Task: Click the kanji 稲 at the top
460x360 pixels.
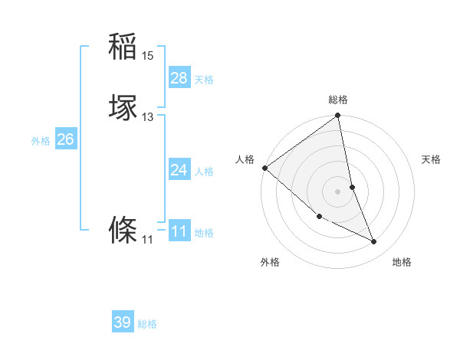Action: [x=123, y=47]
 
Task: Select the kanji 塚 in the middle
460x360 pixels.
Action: [x=123, y=107]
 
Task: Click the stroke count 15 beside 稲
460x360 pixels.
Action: [x=148, y=56]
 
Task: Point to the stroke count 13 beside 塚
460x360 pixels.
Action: [x=148, y=117]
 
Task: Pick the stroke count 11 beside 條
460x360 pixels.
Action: [x=148, y=240]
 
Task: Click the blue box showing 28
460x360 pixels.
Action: [x=179, y=77]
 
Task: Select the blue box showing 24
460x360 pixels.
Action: [x=179, y=169]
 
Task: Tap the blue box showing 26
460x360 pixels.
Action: [x=65, y=139]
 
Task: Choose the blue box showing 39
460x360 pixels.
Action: [x=123, y=322]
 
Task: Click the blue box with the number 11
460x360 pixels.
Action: [x=179, y=231]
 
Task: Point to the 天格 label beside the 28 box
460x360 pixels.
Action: [x=204, y=80]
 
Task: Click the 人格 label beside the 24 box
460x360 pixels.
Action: [x=204, y=172]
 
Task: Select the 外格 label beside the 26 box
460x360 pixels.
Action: [x=41, y=141]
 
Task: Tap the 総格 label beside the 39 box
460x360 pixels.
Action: [x=147, y=325]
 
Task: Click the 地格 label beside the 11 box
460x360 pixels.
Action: [x=204, y=233]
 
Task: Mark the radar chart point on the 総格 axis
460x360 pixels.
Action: [x=337, y=116]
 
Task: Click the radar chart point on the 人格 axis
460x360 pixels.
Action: [x=264, y=168]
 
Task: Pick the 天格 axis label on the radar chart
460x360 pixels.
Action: [x=432, y=159]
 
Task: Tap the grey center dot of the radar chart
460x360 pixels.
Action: [x=337, y=191]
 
